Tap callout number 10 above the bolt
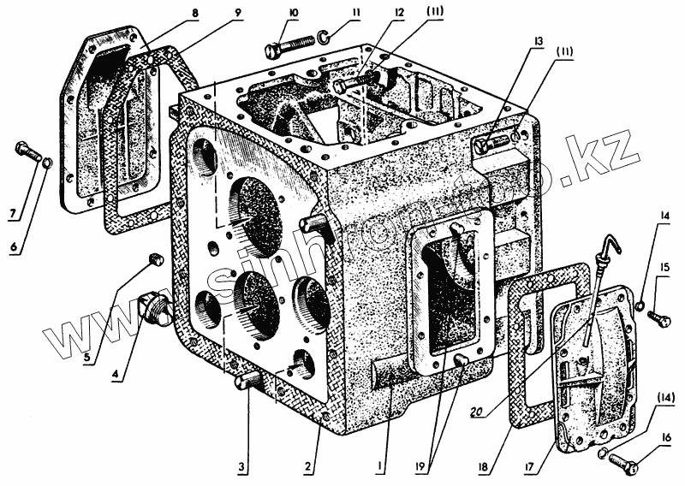click(293, 15)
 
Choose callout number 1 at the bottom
click(380, 468)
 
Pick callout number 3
click(241, 466)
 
